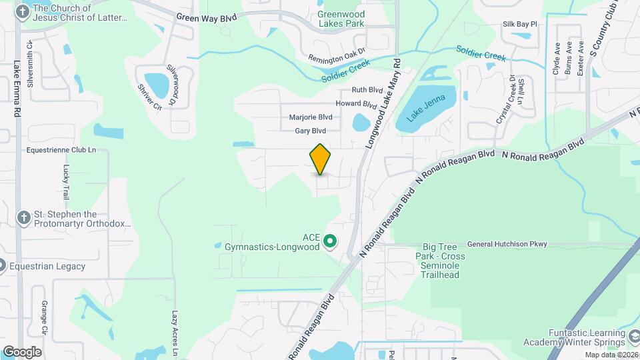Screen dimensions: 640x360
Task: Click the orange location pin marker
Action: (321, 159)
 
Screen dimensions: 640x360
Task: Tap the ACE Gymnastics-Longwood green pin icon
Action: (329, 241)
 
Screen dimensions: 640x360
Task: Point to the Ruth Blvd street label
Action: (367, 90)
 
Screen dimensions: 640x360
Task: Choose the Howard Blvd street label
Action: (356, 104)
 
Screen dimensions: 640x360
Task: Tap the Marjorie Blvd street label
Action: (310, 117)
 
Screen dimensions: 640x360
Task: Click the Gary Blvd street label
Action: (310, 131)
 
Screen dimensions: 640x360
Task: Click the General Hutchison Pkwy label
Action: (507, 244)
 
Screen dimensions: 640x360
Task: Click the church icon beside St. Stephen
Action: (23, 218)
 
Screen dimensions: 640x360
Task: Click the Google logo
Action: (22, 351)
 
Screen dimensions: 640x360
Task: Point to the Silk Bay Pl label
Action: (519, 24)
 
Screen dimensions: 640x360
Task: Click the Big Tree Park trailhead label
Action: (439, 256)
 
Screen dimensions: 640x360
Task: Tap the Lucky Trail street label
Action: (66, 182)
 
